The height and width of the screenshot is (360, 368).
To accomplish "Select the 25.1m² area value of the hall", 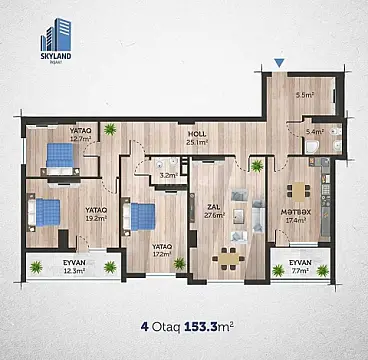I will (x=197, y=143).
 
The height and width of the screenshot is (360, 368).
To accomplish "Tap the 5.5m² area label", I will (x=305, y=97).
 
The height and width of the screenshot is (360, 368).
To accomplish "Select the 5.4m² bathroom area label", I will (x=313, y=132).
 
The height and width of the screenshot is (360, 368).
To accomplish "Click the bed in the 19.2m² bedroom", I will (x=44, y=210).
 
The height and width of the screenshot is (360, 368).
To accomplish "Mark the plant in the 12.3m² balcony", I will (x=37, y=265).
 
